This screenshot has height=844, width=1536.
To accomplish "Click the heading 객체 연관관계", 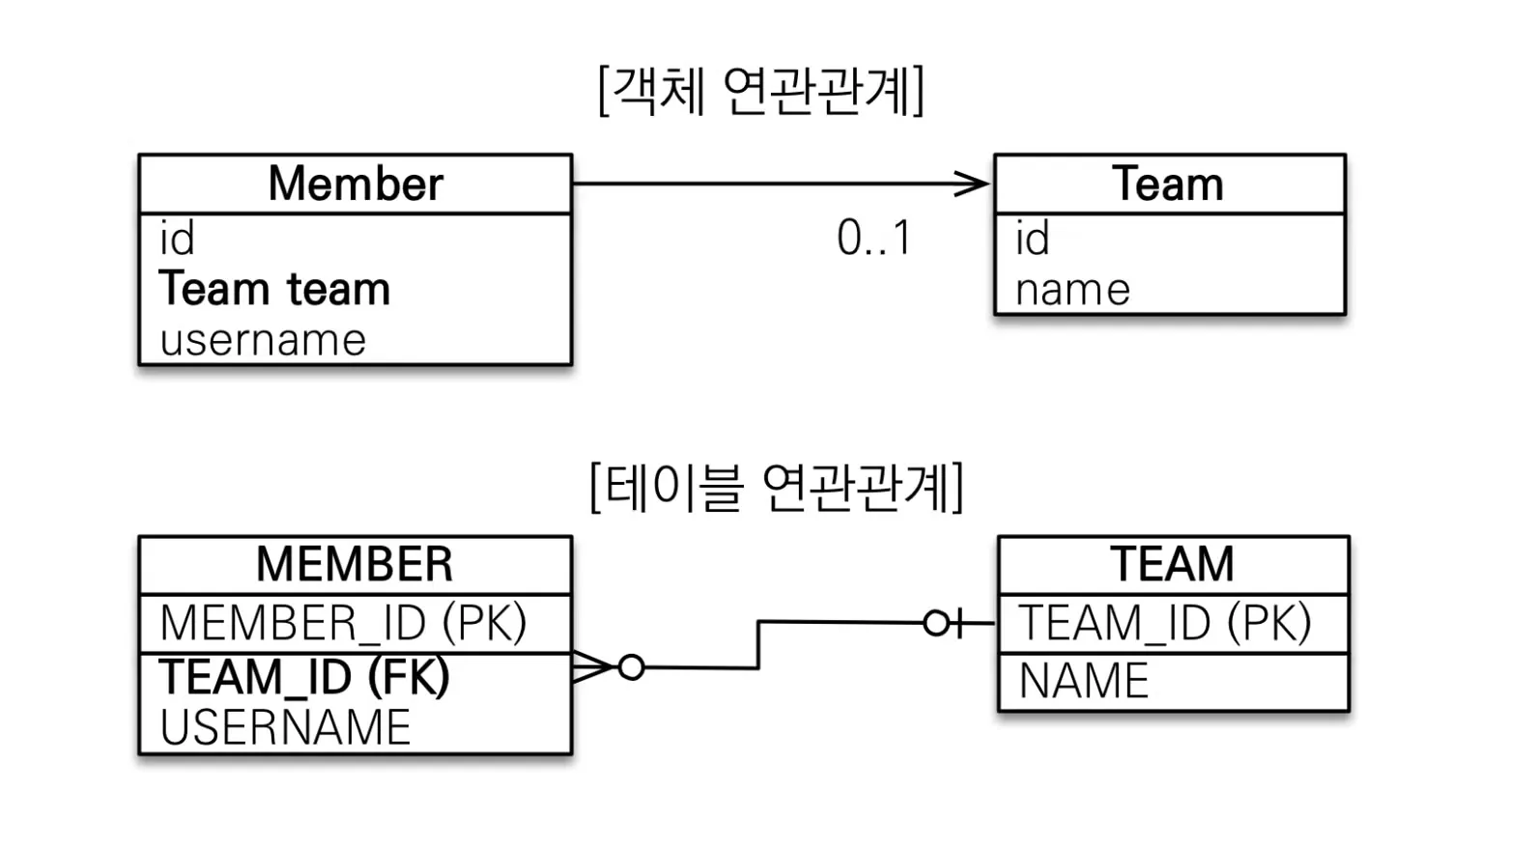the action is [x=761, y=91].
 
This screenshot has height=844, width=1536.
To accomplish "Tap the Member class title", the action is [x=356, y=183].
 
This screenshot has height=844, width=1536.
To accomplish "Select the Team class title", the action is [x=1167, y=183].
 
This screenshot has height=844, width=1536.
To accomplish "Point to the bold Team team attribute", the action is [x=274, y=288].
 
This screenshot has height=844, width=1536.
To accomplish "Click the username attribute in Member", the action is [x=264, y=340].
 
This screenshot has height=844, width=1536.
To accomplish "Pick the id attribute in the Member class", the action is [x=177, y=238].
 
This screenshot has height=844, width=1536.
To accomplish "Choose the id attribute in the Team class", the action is [x=1032, y=238].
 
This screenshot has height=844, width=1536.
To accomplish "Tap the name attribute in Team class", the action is [x=1072, y=290].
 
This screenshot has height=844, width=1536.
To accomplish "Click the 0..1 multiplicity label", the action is [x=874, y=238].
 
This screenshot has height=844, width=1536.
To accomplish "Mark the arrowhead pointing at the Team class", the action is [x=973, y=183].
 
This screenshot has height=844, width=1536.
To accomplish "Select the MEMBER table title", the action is [x=355, y=564].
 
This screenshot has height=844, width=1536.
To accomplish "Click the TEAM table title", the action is [x=1172, y=564].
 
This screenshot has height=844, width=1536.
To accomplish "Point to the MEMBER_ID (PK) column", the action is [x=344, y=623].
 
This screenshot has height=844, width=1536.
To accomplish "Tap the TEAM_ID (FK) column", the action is [x=304, y=677].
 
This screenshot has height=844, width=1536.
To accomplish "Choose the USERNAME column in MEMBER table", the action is [x=285, y=727].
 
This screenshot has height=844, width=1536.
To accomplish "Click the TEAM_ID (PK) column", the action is [x=1164, y=623].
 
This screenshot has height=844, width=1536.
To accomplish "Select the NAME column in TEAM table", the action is [x=1084, y=681].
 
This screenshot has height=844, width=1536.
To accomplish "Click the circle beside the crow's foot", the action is [x=632, y=667].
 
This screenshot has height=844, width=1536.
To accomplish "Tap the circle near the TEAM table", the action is [x=936, y=623].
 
